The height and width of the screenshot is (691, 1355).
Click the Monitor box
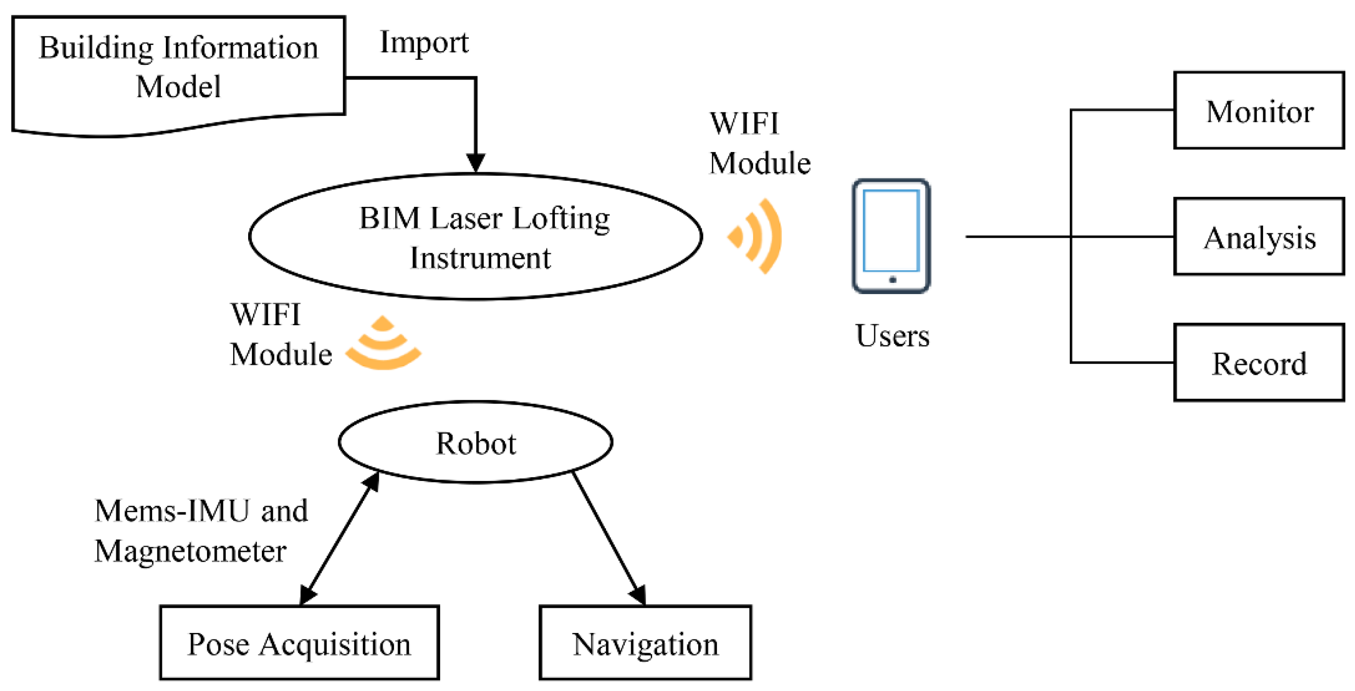[1259, 111]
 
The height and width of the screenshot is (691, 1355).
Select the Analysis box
[1259, 237]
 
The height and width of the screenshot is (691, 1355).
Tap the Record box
[1259, 363]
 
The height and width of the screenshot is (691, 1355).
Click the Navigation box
[645, 643]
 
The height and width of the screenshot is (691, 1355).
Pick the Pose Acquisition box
[299, 643]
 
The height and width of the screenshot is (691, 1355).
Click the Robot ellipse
[476, 443]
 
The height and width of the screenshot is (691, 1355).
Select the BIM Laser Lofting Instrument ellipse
[476, 237]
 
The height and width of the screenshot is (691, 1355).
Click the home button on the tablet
[892, 280]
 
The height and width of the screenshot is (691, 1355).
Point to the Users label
[892, 336]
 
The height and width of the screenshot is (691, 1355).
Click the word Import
[424, 42]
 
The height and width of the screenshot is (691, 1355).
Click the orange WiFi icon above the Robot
[383, 344]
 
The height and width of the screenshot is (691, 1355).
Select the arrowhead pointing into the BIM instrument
[476, 163]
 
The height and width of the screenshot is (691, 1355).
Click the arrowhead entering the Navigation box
[638, 594]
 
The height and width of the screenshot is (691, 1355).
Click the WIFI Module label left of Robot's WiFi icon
[281, 334]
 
